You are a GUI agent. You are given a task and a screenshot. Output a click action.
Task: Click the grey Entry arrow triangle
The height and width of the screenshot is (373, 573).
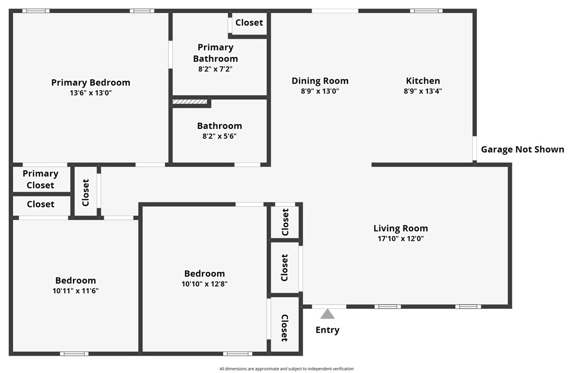tap(327, 314)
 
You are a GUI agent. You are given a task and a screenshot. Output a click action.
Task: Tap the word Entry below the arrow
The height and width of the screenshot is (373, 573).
tap(327, 330)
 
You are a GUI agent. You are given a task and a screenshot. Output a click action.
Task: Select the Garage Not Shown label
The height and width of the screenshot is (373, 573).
tap(522, 150)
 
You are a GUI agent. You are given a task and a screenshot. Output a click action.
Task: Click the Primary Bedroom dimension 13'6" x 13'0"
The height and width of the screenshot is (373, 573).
tap(91, 93)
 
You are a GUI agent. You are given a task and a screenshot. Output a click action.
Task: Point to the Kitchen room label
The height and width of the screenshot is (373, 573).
tap(423, 81)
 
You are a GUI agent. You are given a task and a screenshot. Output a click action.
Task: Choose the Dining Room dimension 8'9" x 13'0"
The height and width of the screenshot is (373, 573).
tap(320, 91)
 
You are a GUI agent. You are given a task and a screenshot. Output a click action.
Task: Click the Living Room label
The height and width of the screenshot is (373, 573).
tap(400, 228)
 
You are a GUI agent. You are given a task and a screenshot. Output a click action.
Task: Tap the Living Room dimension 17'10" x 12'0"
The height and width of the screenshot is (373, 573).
tap(400, 238)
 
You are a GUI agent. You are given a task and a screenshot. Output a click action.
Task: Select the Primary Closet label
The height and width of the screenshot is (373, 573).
tap(40, 179)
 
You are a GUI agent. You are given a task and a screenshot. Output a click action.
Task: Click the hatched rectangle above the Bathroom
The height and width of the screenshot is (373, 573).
tap(190, 102)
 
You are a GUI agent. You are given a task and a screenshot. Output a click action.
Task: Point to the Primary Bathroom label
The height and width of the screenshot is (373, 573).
tap(215, 53)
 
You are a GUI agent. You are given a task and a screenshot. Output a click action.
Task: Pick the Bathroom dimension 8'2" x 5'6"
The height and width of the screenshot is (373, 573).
tap(219, 136)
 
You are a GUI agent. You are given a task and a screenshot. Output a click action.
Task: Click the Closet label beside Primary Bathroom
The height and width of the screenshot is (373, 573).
tap(249, 23)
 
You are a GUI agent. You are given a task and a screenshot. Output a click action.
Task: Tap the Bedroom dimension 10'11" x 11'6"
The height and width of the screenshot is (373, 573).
tap(76, 291)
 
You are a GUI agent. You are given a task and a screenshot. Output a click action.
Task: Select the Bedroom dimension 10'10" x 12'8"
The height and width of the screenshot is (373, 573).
tap(204, 284)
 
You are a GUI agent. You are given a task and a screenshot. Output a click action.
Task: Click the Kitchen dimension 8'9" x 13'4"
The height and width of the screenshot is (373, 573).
tap(423, 91)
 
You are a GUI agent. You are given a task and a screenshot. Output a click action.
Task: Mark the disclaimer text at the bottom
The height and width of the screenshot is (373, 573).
tap(286, 369)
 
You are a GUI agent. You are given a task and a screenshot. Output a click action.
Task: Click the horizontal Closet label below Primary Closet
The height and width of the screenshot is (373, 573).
tap(40, 204)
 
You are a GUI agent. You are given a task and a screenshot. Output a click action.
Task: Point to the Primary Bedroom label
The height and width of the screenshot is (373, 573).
tap(91, 82)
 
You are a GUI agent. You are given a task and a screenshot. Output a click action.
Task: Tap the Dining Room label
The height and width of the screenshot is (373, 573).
tap(320, 81)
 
